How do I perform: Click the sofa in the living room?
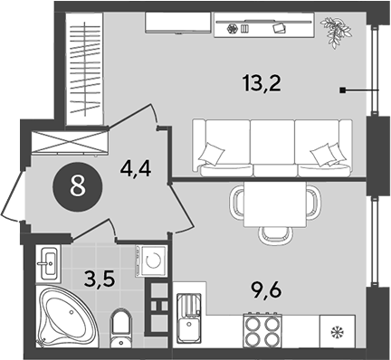click(x=272, y=145)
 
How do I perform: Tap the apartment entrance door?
click(x=14, y=194)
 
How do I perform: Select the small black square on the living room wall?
click(x=343, y=90)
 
